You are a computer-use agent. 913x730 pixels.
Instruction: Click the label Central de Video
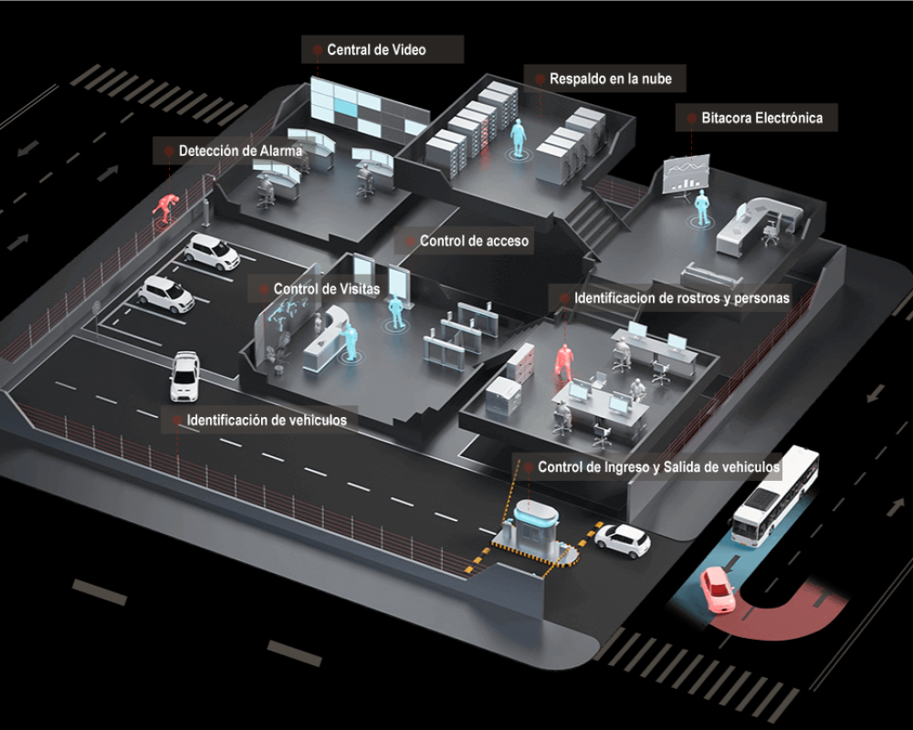click(376, 50)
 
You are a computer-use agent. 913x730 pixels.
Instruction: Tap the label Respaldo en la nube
click(610, 79)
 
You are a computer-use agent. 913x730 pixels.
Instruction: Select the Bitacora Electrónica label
click(761, 118)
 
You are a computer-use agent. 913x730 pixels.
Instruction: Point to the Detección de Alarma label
click(239, 151)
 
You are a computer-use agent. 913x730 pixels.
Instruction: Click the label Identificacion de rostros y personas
click(681, 298)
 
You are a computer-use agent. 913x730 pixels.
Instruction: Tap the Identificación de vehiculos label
click(267, 421)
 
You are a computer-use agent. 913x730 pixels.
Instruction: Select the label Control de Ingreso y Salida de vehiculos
click(658, 467)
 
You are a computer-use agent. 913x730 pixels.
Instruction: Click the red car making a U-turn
click(718, 589)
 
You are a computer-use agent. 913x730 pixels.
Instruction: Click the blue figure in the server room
click(518, 139)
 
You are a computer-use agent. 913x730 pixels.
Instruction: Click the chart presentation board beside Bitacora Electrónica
click(686, 173)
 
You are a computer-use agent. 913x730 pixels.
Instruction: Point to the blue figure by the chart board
click(702, 208)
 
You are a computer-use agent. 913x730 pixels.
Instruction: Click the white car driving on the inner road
click(184, 374)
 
